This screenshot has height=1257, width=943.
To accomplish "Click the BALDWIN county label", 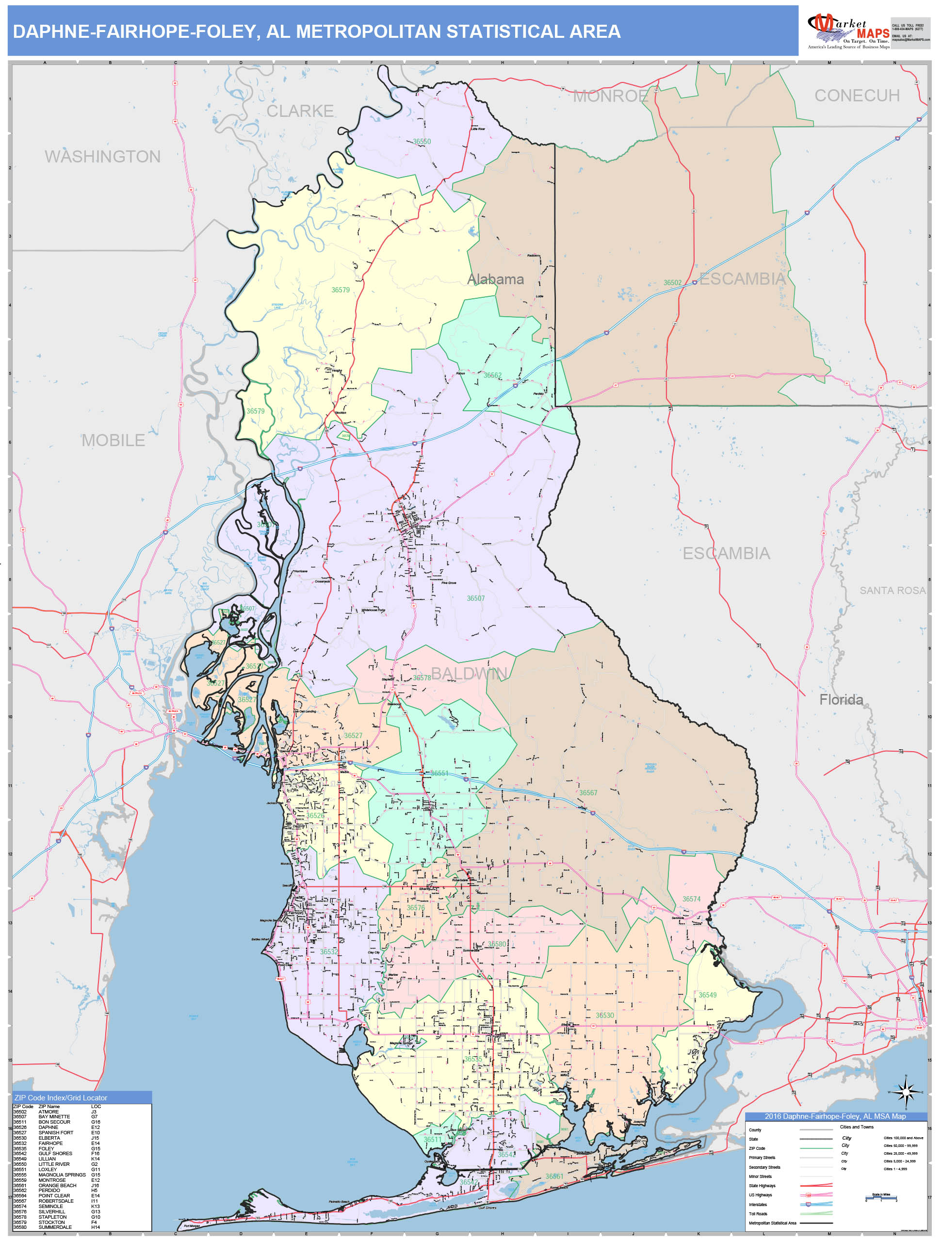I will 470,674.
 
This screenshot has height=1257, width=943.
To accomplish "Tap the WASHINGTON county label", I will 102,156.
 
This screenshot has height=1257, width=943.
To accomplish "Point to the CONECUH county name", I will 857,96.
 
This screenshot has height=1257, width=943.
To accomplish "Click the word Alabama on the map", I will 495,279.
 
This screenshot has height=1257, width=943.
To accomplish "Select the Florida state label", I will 841,699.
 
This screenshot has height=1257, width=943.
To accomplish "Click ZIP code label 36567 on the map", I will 588,793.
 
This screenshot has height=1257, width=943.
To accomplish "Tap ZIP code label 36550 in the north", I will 422,142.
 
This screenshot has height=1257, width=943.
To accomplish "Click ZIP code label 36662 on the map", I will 492,375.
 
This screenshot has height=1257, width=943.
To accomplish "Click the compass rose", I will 906,1092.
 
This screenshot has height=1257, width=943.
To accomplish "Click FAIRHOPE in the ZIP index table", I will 50,1144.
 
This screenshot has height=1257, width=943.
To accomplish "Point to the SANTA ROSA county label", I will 892,590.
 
